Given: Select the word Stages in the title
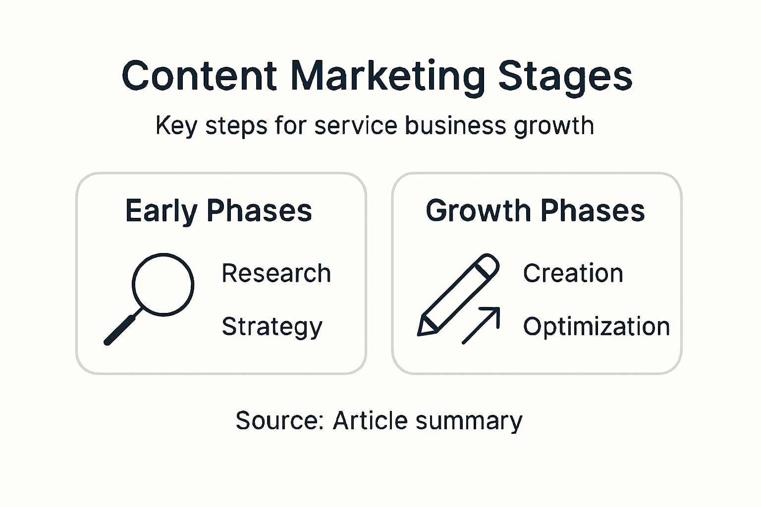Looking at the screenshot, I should [565, 77].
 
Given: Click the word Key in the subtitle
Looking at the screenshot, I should [169, 126].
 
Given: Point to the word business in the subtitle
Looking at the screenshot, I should [455, 125].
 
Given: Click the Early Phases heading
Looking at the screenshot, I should [218, 211].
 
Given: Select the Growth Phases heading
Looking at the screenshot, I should [535, 211].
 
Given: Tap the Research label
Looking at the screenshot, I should [276, 273].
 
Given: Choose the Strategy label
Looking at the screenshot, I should [272, 327].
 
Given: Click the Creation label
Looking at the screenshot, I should [573, 273].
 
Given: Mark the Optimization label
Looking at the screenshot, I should [596, 327].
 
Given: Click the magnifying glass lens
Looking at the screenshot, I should [163, 284].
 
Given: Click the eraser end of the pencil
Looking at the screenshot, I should [488, 264].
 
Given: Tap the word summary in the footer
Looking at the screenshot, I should [469, 421].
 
